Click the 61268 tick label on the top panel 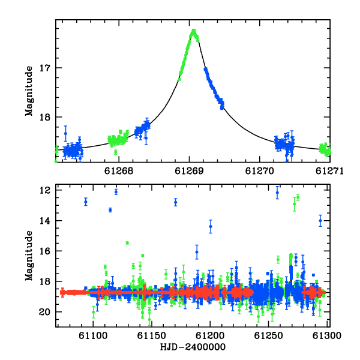click(x=119, y=171)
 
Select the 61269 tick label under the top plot click(x=189, y=171)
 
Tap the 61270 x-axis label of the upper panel click(x=260, y=171)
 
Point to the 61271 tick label click(x=329, y=171)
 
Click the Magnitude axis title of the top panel click(x=29, y=91)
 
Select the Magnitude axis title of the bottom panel click(x=29, y=256)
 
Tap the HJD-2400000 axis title click(x=193, y=347)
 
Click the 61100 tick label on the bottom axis click(x=93, y=335)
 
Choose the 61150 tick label click(x=152, y=335)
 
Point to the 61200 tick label click(x=210, y=335)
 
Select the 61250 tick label click(x=268, y=335)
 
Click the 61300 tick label click(x=327, y=335)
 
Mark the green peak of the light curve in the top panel click(x=194, y=31)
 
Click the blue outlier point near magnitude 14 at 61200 click(x=211, y=227)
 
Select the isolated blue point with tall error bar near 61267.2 click(x=65, y=133)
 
